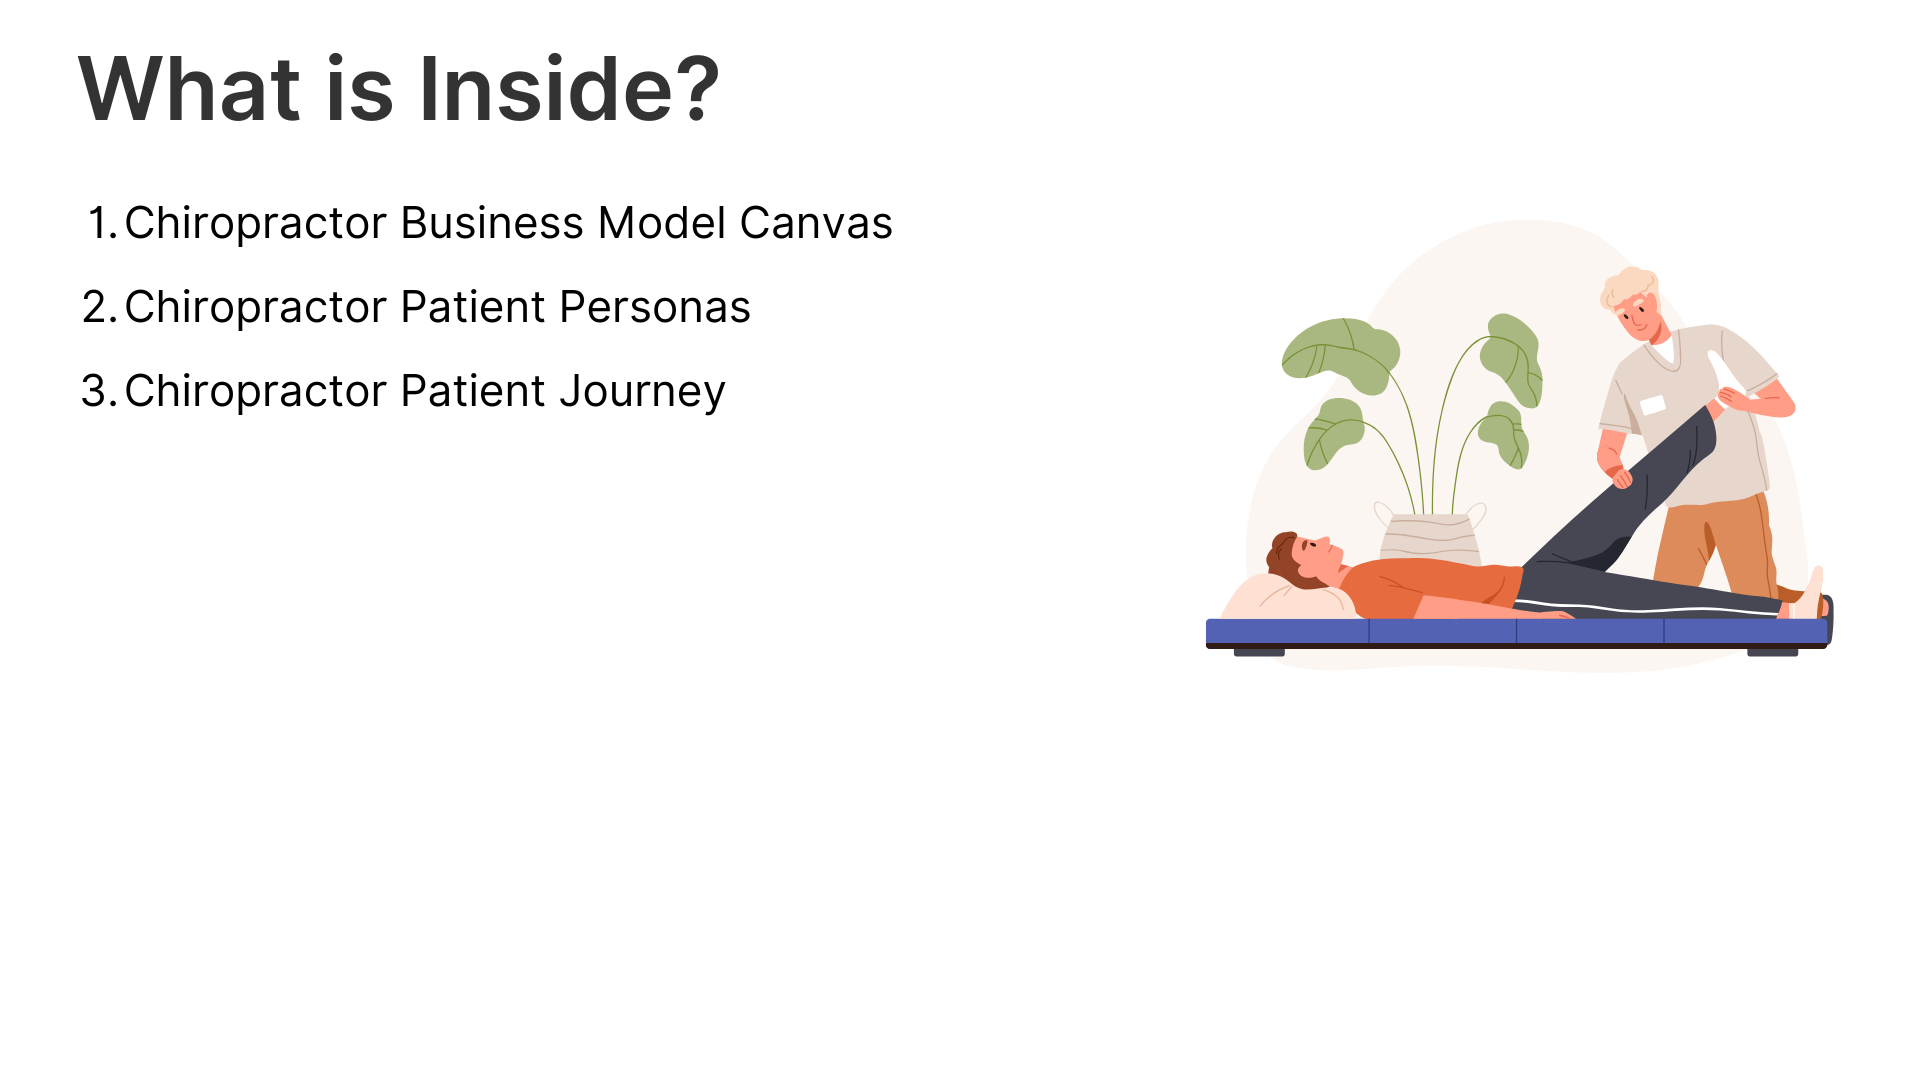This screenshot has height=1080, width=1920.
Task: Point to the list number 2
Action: pyautogui.click(x=100, y=307)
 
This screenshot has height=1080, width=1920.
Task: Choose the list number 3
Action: pyautogui.click(x=100, y=391)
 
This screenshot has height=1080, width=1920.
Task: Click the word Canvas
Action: pyautogui.click(x=816, y=223)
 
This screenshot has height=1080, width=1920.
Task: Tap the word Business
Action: pyautogui.click(x=492, y=223)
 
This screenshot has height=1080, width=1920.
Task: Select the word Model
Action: pyautogui.click(x=662, y=223)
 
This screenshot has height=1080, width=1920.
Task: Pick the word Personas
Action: pyautogui.click(x=655, y=307)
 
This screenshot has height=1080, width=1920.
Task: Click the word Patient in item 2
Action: pyautogui.click(x=473, y=307)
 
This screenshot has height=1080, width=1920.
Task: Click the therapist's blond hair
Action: pyautogui.click(x=1627, y=288)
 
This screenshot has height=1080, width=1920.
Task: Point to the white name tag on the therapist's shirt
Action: pyautogui.click(x=1653, y=405)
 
